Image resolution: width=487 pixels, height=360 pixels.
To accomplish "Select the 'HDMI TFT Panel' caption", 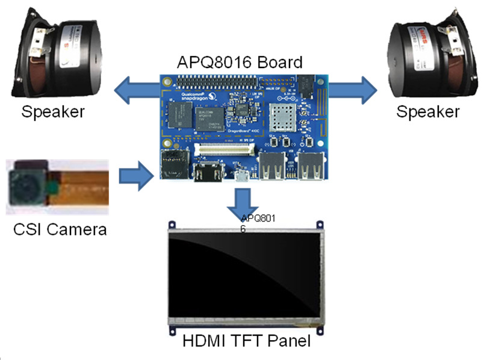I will pos(246,341).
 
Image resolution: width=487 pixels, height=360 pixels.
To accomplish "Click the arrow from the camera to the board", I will pos(133,176).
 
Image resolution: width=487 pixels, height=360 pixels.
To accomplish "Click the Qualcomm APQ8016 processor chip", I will pos(209,117).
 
